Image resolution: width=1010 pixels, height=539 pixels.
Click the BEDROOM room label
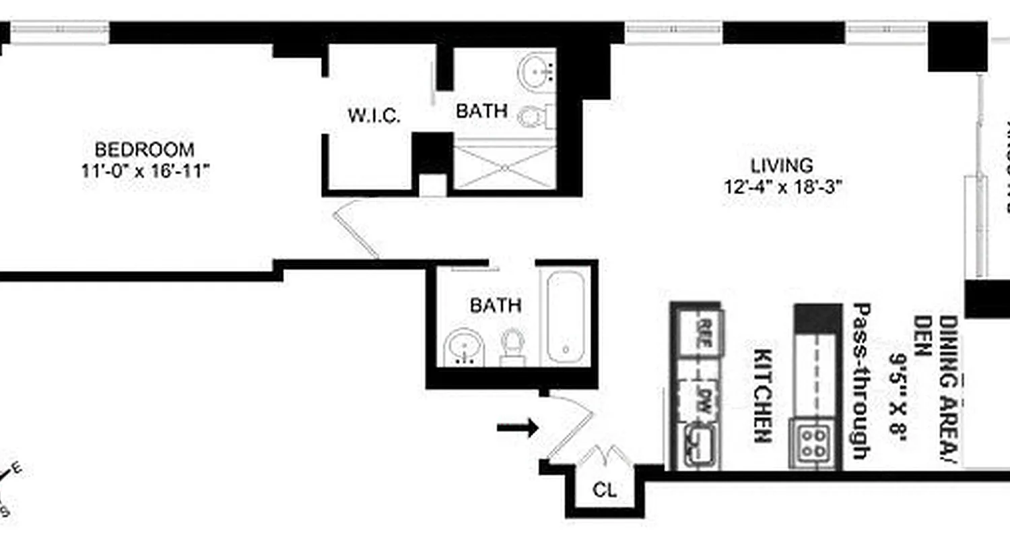(144, 149)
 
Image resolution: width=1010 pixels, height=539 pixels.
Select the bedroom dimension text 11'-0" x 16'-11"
(146, 171)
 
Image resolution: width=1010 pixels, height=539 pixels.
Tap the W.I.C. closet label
(374, 116)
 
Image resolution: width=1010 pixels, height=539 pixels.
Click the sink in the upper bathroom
(537, 69)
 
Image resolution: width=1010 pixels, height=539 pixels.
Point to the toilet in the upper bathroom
(533, 117)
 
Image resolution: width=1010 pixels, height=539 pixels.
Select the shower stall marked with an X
(504, 166)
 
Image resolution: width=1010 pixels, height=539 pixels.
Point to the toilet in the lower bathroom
(513, 346)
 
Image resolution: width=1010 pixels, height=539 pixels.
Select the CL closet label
(605, 490)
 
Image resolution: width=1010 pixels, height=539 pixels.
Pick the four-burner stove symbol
(814, 443)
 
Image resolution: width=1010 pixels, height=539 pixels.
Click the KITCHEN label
(762, 395)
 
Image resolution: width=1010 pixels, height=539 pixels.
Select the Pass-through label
(860, 381)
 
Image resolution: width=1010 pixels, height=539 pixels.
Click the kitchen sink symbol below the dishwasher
(698, 445)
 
